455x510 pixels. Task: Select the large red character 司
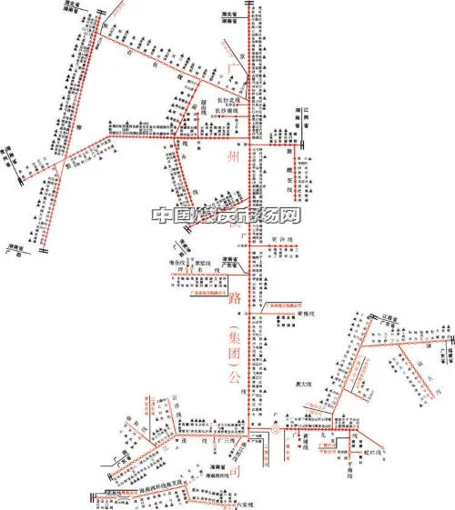[235, 474]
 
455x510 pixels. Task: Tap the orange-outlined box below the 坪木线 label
[206, 292]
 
